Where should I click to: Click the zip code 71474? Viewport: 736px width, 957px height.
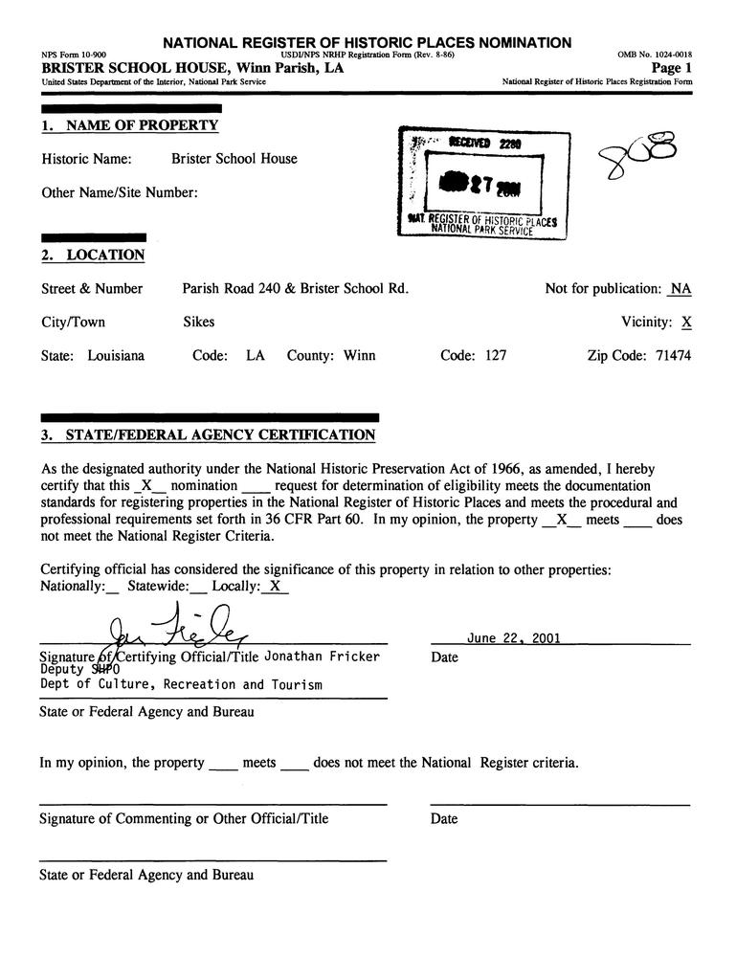point(674,356)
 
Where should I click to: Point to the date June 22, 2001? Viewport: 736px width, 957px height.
point(514,638)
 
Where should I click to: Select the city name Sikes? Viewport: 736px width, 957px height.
point(198,323)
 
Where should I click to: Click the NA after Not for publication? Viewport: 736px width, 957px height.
point(680,289)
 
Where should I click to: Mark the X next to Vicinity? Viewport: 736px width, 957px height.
point(686,323)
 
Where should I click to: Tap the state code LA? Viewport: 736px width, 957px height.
point(255,356)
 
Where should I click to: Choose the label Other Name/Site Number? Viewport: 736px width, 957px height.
point(120,192)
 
